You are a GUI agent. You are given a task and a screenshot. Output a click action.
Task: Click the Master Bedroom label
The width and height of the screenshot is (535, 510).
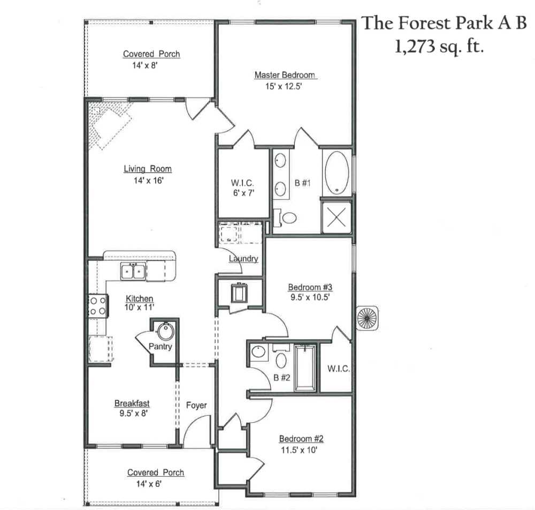[284, 75]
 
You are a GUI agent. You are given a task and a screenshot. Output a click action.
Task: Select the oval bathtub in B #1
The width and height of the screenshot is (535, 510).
[337, 172]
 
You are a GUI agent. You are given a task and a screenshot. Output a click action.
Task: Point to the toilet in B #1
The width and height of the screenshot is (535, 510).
[288, 217]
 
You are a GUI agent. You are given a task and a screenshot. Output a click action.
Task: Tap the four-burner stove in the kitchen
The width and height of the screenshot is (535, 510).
[97, 306]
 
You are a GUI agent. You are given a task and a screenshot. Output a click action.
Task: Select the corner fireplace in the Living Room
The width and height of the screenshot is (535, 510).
[110, 123]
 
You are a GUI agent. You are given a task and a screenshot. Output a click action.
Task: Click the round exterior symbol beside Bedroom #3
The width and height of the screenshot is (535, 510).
[368, 317]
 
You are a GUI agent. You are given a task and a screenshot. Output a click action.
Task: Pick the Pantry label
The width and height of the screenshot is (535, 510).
[160, 347]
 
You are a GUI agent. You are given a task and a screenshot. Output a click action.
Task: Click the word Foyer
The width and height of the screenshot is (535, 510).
[196, 406]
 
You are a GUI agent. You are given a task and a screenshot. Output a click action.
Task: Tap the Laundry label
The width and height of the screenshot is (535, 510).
[243, 259]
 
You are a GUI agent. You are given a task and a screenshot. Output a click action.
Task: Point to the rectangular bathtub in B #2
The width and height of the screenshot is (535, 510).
[305, 368]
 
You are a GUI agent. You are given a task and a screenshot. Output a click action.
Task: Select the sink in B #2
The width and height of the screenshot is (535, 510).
[259, 352]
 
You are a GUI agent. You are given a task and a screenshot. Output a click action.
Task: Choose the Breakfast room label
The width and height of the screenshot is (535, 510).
[132, 403]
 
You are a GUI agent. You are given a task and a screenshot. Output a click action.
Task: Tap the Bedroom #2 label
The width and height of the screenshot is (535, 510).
[301, 439]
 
